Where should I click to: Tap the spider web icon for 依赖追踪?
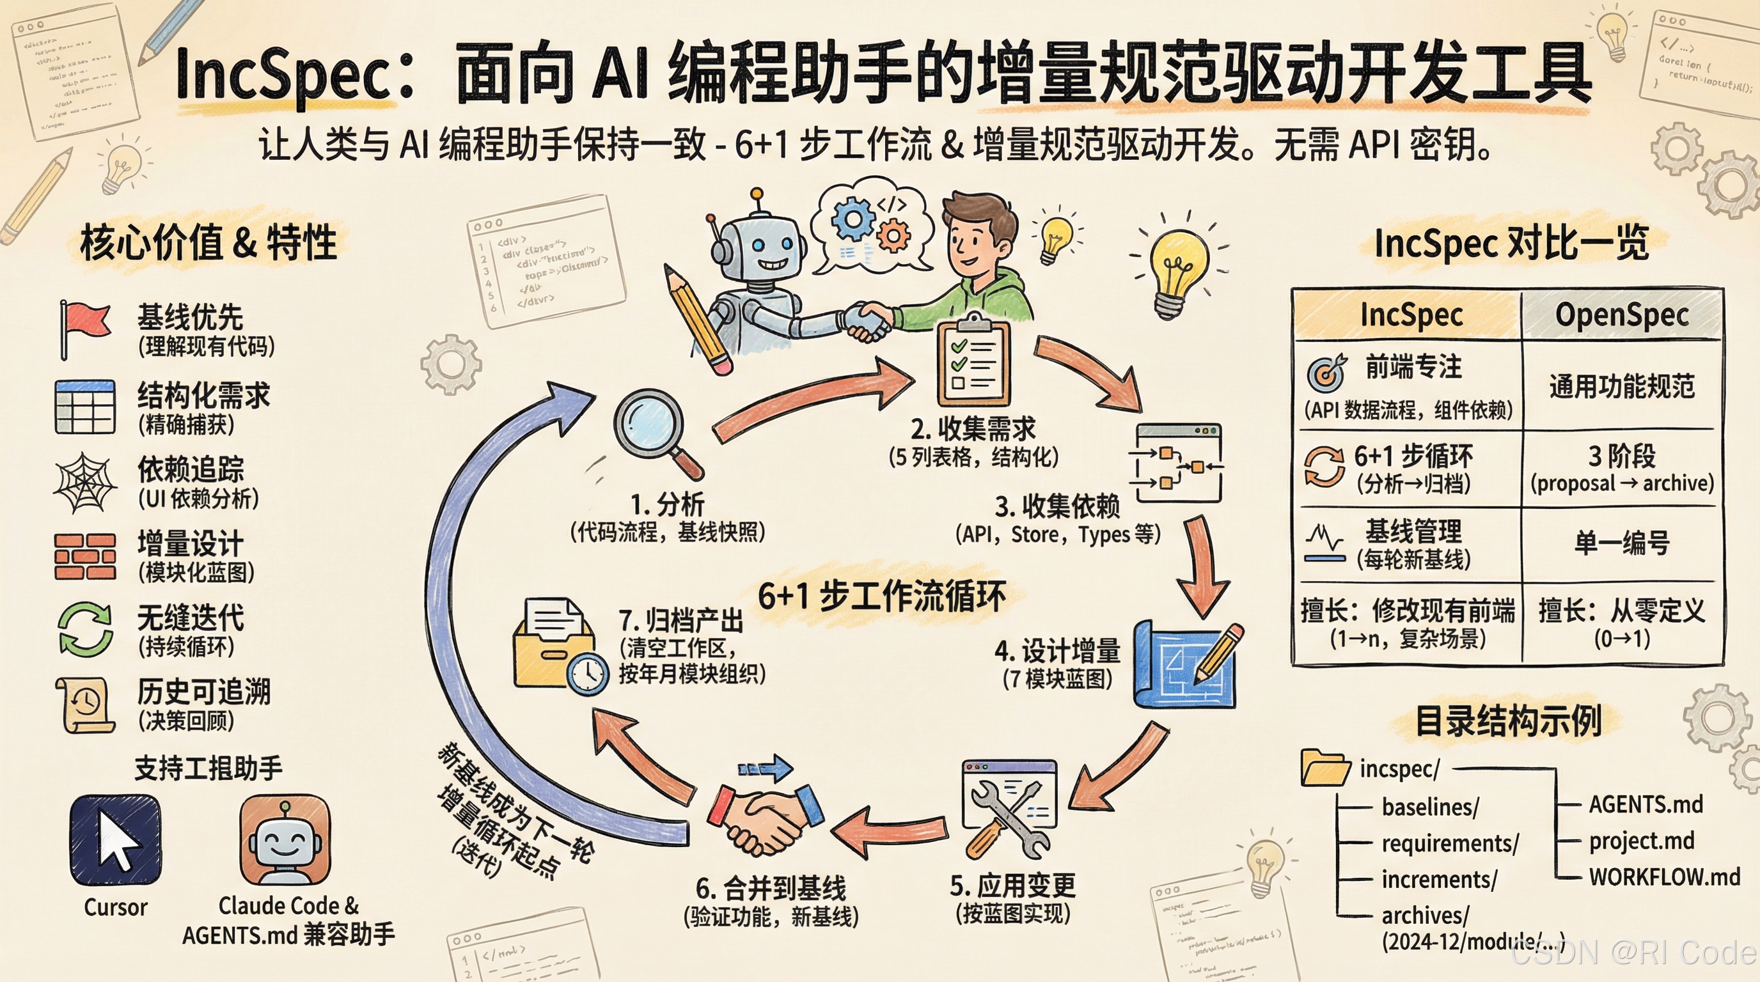tap(83, 482)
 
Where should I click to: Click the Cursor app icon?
tap(116, 840)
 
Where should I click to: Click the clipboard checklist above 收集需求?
tap(972, 362)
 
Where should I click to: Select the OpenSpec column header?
tap(1621, 315)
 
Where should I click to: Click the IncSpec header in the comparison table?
tap(1411, 315)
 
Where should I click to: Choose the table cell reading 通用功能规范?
tap(1621, 386)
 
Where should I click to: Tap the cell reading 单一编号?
tap(1621, 543)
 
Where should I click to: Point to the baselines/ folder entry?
tap(1430, 807)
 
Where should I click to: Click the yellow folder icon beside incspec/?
tap(1326, 768)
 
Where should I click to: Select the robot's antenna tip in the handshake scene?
tap(757, 194)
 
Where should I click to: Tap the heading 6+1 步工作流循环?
tap(881, 596)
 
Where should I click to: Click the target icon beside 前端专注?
tap(1326, 373)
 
